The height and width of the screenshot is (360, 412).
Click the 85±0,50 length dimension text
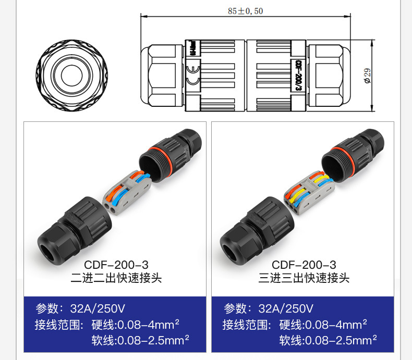(246, 11)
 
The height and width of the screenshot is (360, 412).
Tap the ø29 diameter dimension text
(368, 76)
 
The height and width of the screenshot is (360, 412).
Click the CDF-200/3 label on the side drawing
(298, 76)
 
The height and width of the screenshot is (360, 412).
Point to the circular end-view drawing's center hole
(72, 76)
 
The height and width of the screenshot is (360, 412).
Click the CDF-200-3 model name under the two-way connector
(116, 265)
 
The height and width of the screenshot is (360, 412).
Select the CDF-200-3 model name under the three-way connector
(304, 265)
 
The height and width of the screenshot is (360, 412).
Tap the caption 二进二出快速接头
(116, 278)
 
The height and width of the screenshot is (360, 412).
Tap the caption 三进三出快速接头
(304, 278)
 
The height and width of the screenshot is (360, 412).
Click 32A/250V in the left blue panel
(98, 308)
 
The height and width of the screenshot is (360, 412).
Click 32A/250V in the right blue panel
(286, 308)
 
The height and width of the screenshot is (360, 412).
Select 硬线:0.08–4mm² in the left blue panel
(135, 325)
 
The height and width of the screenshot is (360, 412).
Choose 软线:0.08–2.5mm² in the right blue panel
(328, 340)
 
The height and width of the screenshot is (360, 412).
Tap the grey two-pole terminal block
(127, 193)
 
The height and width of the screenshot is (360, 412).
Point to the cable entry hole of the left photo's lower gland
(47, 253)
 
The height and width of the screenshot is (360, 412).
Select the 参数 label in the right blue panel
(235, 308)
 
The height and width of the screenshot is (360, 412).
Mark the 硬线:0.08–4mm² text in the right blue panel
(323, 325)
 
